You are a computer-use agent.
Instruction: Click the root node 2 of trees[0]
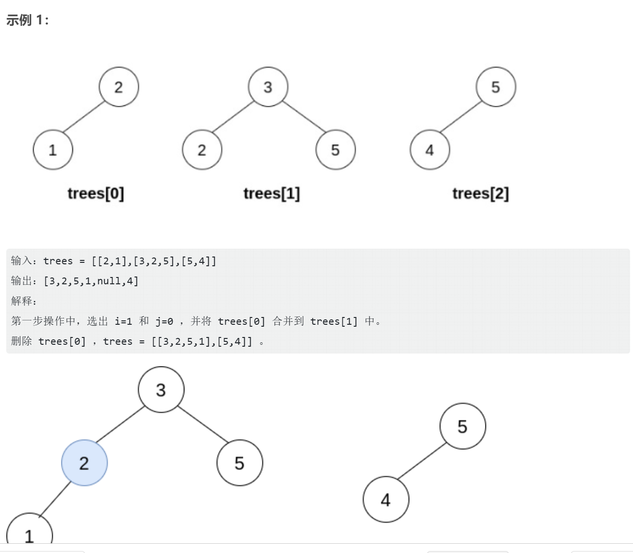(x=119, y=87)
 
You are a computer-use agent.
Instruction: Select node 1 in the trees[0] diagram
(x=53, y=150)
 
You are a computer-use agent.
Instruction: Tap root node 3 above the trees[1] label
(x=268, y=87)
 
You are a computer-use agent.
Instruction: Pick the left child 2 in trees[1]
(x=202, y=150)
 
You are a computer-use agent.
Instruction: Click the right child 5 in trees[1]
(x=336, y=150)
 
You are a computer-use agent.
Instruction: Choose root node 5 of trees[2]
(x=495, y=87)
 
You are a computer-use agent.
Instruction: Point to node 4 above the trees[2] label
(x=430, y=150)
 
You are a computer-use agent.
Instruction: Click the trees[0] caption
(x=96, y=194)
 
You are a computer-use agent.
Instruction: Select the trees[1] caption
(x=272, y=194)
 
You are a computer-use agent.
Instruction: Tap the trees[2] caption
(x=480, y=194)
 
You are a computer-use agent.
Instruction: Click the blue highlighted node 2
(x=84, y=463)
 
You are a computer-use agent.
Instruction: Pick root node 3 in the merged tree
(x=161, y=390)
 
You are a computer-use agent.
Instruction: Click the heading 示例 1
(x=27, y=20)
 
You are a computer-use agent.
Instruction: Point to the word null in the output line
(x=109, y=281)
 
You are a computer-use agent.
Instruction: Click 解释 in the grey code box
(x=21, y=301)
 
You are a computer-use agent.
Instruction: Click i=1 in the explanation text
(x=123, y=321)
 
